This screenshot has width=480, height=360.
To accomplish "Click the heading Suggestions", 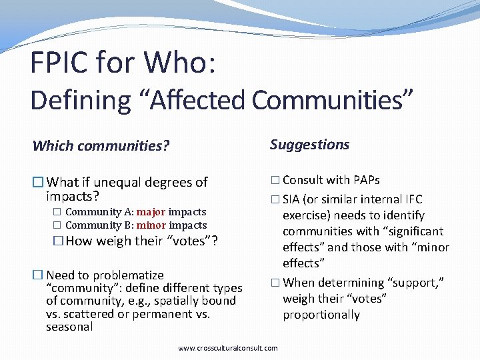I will pos(309,145).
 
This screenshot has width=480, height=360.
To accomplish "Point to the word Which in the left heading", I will pos(53,145).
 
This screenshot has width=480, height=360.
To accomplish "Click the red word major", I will pos(151,212).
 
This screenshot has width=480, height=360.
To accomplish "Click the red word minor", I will pos(151,225).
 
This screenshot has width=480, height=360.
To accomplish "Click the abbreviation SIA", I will pos(291,199).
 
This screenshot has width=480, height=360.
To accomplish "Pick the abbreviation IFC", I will pos(412,199).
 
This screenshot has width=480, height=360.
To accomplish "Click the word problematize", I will pos(128,275).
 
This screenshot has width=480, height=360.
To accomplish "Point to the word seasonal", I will pos(69,327).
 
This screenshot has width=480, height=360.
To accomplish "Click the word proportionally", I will pos(321,315).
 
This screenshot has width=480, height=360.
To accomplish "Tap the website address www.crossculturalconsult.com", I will pos(228,348).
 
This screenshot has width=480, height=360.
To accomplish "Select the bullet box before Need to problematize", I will pos(38,275).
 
